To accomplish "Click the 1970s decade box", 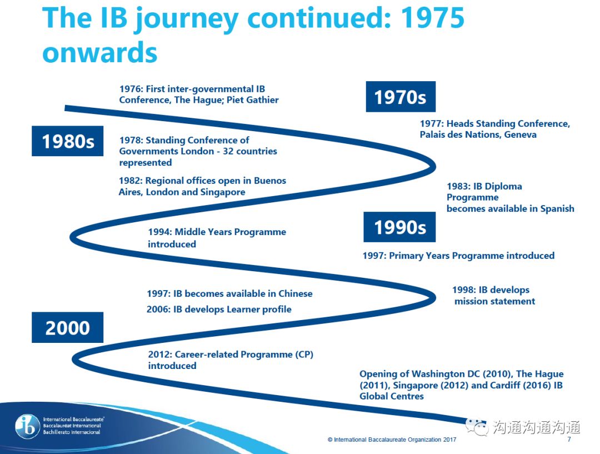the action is (401, 97).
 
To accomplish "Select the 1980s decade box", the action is (67, 141).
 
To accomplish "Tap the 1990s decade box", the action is (399, 227).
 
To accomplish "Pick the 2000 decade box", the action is (67, 327).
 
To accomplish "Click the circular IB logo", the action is (28, 426).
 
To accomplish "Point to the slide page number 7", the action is (569, 439).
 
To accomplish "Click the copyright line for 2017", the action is (392, 440).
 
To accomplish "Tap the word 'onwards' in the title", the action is (100, 53).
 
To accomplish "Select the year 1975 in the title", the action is (432, 18).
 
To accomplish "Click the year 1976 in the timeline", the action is (131, 89).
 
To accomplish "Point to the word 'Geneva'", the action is (520, 134).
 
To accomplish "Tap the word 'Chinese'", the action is (296, 293).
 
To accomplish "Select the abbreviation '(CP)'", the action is (304, 355).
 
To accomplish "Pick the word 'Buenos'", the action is (270, 180).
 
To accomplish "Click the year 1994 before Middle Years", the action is (159, 232).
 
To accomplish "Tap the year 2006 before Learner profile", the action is (158, 310).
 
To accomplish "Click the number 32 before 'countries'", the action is (228, 151).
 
